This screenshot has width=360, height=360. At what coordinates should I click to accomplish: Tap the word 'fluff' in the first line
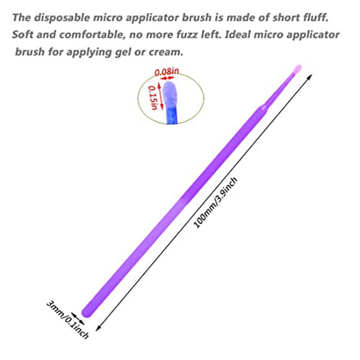click(x=316, y=17)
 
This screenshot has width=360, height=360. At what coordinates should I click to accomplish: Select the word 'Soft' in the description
click(x=22, y=35)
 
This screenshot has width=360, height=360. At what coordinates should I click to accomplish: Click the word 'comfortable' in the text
click(x=93, y=35)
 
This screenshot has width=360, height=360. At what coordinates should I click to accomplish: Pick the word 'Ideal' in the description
click(x=237, y=35)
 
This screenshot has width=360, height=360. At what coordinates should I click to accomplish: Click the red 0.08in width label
click(x=167, y=72)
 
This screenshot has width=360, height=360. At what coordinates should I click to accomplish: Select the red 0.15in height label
click(x=153, y=98)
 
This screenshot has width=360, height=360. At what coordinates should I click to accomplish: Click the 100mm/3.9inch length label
click(x=215, y=202)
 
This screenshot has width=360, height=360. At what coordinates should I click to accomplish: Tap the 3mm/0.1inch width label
click(x=67, y=319)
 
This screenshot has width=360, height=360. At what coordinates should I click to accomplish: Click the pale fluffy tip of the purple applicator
click(x=298, y=69)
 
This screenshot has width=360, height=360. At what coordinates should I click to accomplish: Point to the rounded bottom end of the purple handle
click(x=87, y=312)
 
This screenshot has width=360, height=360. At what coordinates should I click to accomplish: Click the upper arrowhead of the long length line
click(x=309, y=77)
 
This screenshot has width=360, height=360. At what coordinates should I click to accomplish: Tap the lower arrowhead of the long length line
click(x=99, y=328)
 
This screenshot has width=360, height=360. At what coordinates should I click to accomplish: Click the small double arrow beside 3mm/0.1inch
click(x=78, y=318)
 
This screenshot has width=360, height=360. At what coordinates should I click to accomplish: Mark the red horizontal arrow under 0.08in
click(x=168, y=78)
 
